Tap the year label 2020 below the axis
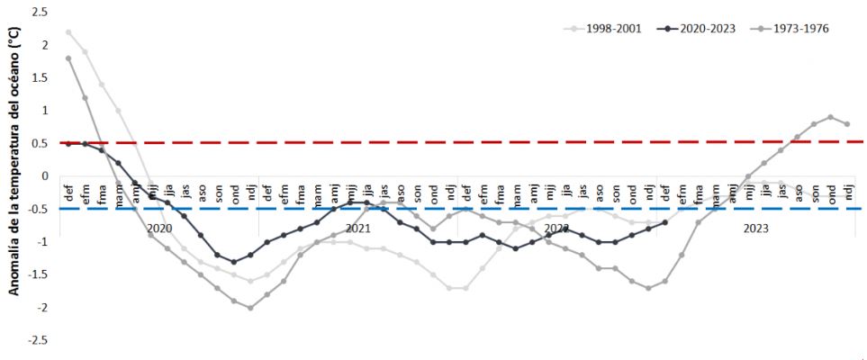point(159,229)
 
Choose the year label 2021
point(358,229)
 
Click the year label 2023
point(755,229)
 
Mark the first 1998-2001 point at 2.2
point(68,31)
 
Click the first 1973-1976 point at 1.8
point(68,58)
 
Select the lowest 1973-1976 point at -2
point(250,308)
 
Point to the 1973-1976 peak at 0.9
point(830,117)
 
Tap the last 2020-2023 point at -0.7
point(664,222)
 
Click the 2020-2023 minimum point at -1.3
point(234,262)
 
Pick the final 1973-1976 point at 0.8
point(846,124)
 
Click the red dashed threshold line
point(450,142)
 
